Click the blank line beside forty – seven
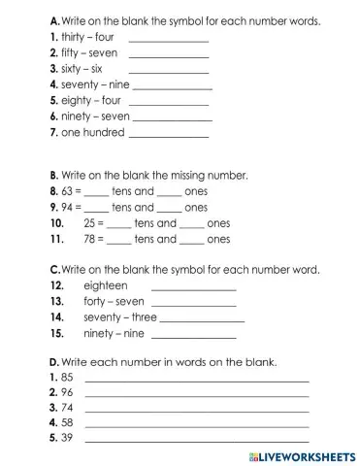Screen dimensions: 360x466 pyautogui.click(x=193, y=304)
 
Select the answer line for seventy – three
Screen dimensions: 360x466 pyautogui.click(x=203, y=319)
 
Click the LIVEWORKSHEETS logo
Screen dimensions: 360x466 pyautogui.click(x=302, y=454)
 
